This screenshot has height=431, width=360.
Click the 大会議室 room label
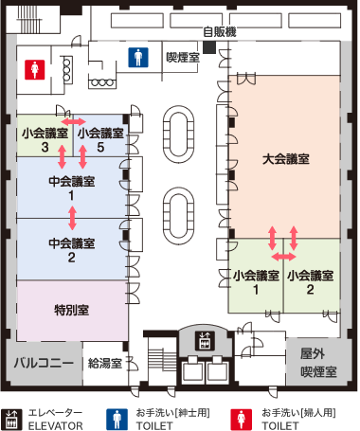point(286,159)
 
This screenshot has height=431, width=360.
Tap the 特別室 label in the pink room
point(72,310)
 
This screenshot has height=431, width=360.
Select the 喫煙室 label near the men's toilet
point(183,57)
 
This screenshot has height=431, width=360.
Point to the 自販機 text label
point(220,31)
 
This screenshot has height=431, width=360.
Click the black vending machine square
point(209,47)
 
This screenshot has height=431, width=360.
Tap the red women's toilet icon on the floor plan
point(35,70)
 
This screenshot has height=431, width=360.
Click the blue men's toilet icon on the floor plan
point(138,57)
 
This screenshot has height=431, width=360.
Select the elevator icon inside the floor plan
point(205,341)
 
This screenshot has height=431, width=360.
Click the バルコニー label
point(44,363)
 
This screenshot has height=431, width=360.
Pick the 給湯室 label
point(105,363)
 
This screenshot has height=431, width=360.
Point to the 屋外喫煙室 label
point(318,363)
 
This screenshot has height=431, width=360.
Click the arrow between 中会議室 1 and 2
point(73,218)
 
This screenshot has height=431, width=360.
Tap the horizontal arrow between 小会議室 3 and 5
point(73,121)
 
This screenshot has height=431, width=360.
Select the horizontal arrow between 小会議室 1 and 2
point(284,257)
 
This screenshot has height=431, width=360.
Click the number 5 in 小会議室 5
point(100,147)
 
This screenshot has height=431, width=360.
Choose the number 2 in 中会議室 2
point(71,258)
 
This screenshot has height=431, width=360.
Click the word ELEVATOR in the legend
point(56,425)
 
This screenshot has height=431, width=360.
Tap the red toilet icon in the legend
point(242,420)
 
